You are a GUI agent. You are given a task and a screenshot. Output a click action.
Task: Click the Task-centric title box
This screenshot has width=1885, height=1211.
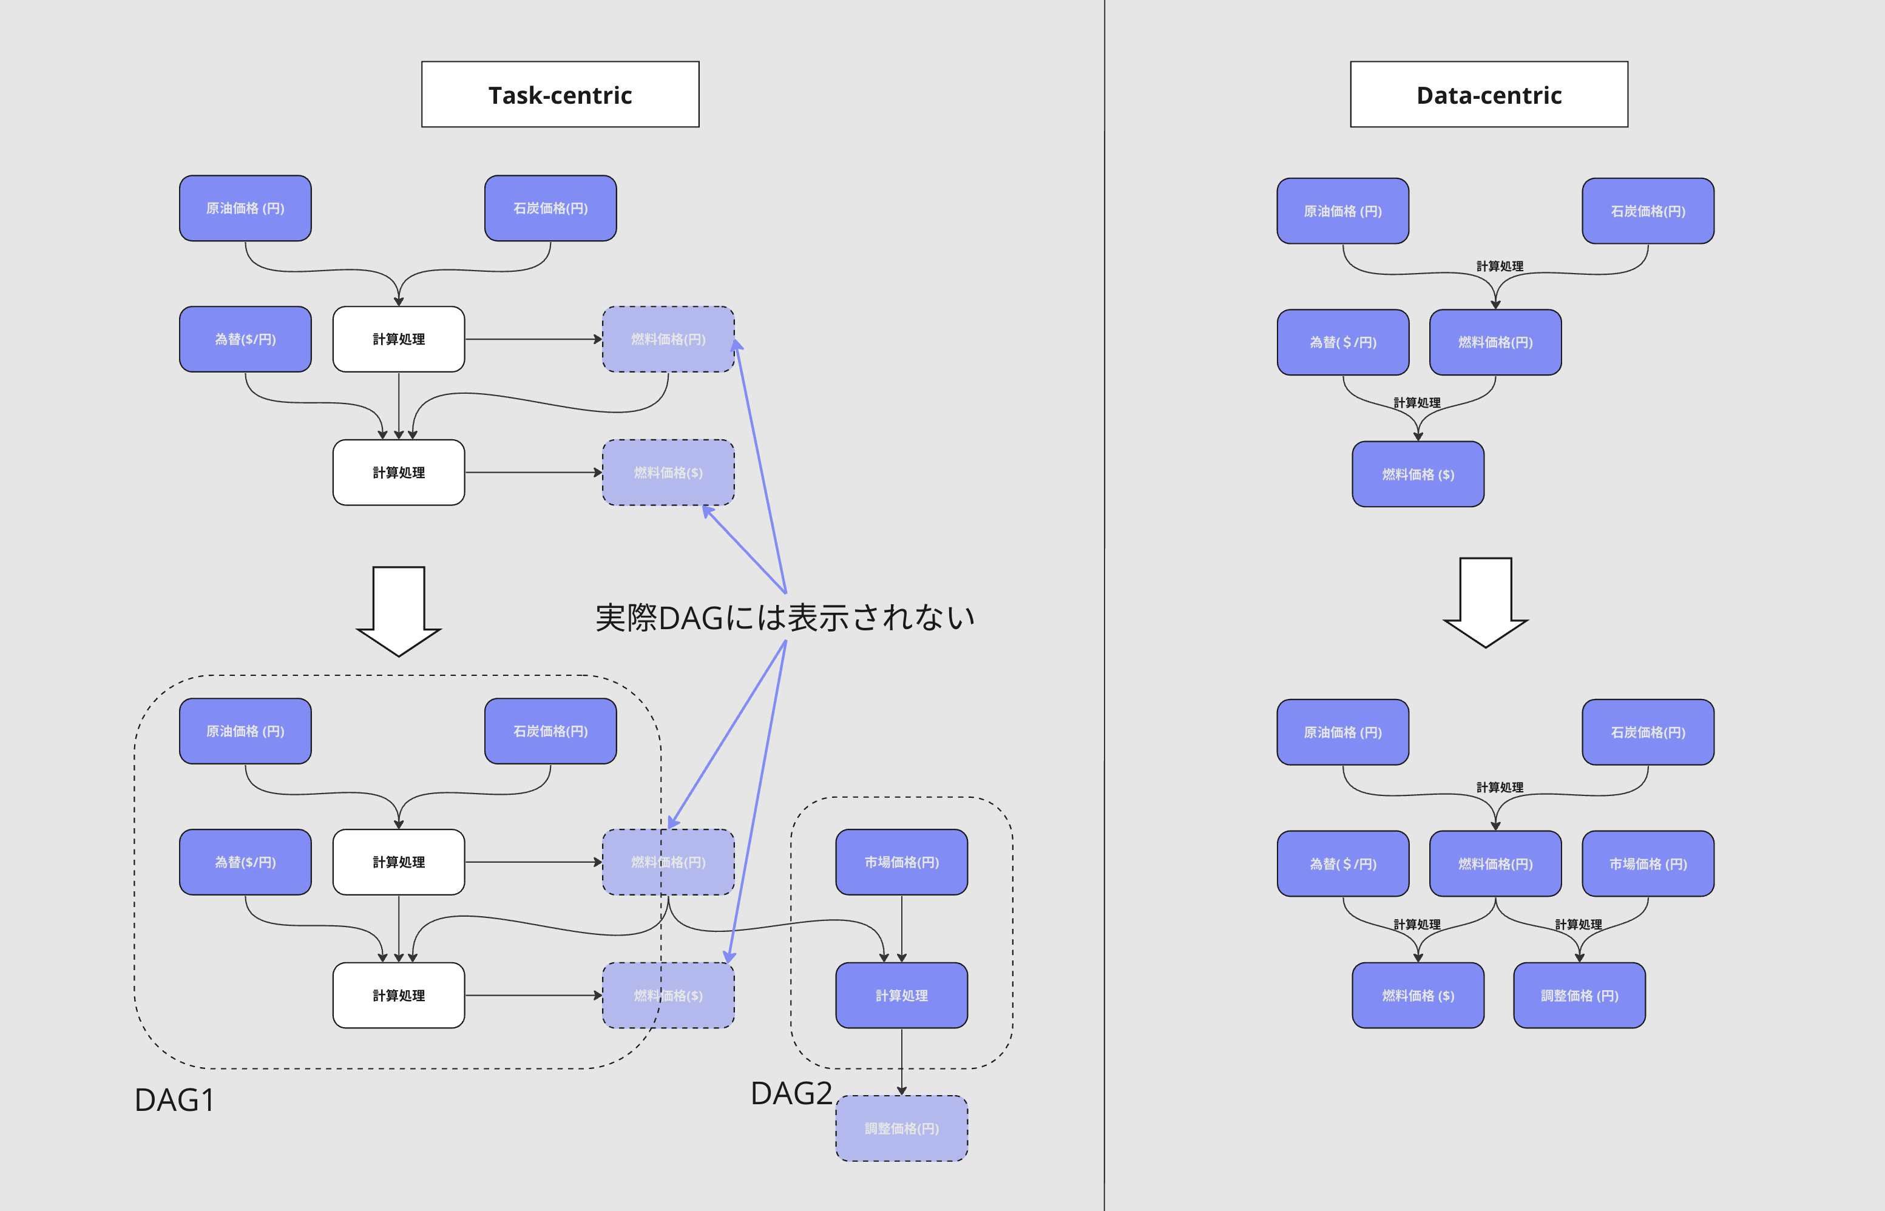[x=560, y=95]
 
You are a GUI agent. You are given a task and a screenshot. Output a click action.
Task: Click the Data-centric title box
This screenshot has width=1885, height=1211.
[x=1489, y=95]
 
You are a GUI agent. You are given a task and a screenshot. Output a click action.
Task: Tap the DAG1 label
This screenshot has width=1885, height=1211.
[x=175, y=1100]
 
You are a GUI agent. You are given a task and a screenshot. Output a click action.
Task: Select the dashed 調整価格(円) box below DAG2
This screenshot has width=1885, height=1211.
[x=901, y=1128]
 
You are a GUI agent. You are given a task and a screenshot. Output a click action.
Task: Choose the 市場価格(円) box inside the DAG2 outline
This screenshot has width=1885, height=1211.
[x=901, y=862]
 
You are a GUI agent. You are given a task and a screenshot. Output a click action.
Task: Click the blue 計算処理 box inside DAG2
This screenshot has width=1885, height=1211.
[x=901, y=996]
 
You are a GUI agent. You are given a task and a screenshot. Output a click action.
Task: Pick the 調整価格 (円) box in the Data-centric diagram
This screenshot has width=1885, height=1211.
[x=1579, y=996]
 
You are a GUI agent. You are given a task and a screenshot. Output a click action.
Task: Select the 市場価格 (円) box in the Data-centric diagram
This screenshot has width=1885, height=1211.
[x=1648, y=863]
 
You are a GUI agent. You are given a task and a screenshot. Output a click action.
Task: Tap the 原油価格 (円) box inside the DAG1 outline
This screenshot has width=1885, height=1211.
[x=245, y=731]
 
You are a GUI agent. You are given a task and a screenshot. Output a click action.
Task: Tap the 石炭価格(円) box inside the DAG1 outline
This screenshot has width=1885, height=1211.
[x=550, y=731]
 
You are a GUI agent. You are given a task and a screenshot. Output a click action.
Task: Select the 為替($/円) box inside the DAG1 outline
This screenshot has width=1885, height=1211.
[x=245, y=862]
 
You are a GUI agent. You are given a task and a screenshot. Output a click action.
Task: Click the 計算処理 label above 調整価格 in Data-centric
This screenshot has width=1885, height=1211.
[x=1579, y=925]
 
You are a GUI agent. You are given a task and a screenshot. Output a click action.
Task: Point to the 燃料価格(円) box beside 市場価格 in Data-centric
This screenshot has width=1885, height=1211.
[x=1495, y=863]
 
